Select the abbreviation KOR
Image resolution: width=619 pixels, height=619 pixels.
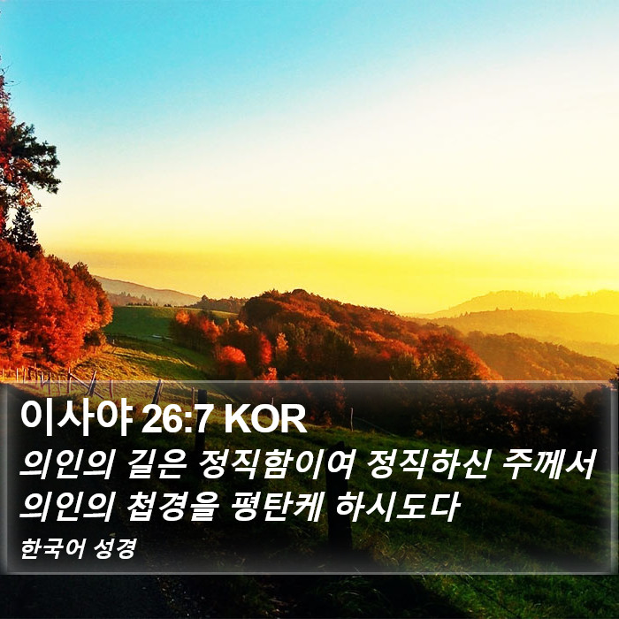point(265,419)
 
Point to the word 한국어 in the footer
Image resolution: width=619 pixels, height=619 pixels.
point(52,548)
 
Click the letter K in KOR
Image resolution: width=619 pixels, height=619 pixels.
point(238,419)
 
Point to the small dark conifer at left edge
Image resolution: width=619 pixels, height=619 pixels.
point(25,229)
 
